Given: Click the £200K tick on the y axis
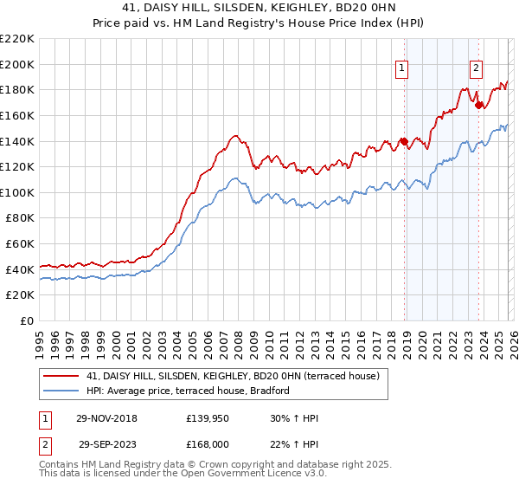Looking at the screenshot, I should tap(17, 64).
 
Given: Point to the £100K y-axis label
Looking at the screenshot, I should tap(17, 192).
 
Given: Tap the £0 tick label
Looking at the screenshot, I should tap(25, 320).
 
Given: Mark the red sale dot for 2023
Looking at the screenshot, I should tap(478, 105).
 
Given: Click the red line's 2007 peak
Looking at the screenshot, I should tap(234, 135).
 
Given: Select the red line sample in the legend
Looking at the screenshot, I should tap(61, 376).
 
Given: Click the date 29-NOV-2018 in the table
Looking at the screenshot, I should tap(108, 418).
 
